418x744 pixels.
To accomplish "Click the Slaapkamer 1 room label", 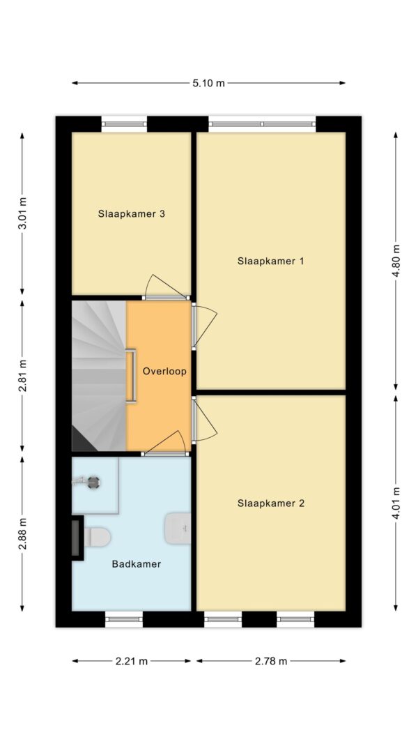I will tap(270, 261).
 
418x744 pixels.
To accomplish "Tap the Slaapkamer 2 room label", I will tap(270, 503).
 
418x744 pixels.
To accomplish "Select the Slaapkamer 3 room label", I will tap(131, 214).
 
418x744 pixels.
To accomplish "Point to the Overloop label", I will tap(164, 372).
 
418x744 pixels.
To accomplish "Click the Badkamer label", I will tap(137, 564).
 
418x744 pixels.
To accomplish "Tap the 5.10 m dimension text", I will tap(209, 83).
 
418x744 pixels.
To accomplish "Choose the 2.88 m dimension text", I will tap(22, 533).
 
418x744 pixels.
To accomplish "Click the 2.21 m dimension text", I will tap(131, 661).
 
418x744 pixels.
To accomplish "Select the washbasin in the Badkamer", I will tap(179, 529).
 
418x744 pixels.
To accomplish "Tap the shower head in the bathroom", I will tap(91, 480).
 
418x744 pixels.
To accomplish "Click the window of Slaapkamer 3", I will tap(124, 124).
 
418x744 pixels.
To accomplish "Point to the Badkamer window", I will tap(124, 618).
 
